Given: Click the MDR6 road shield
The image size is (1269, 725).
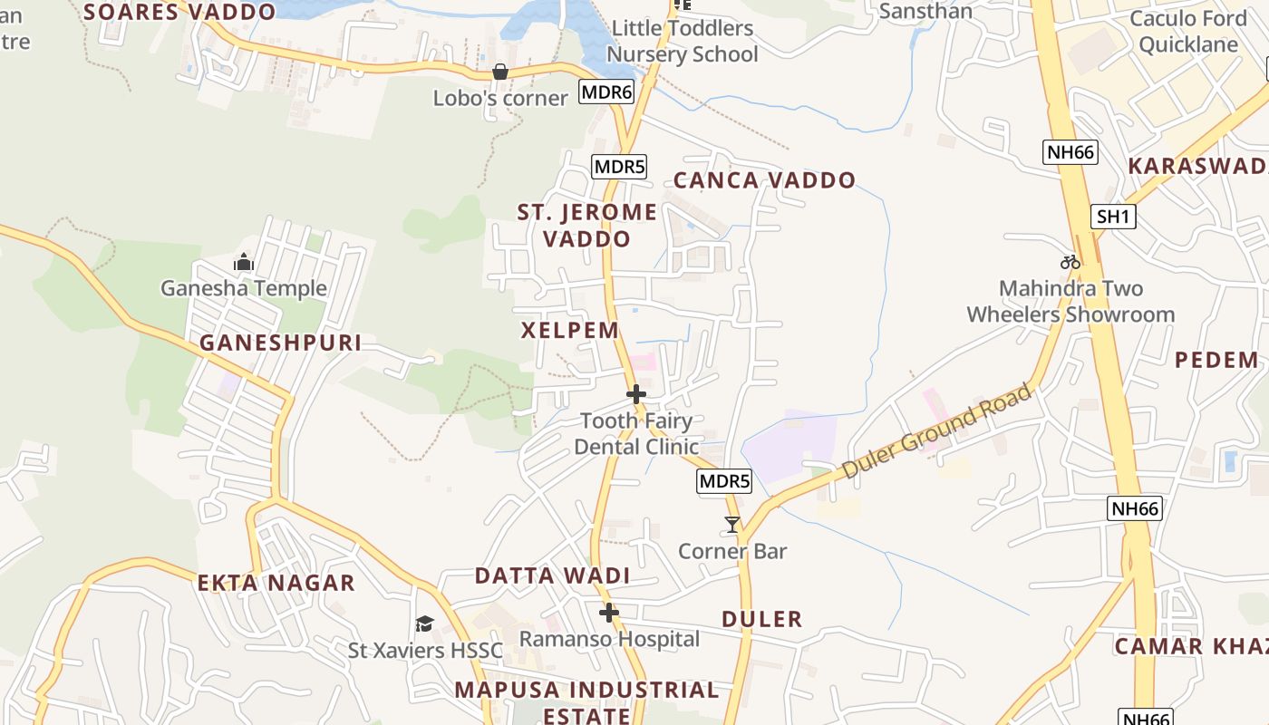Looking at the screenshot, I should click(x=606, y=92).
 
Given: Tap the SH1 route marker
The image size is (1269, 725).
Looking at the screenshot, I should click(x=1114, y=217).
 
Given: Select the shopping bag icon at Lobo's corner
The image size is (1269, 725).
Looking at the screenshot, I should click(x=499, y=72).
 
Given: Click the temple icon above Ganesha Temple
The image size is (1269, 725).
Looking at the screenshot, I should click(x=243, y=263).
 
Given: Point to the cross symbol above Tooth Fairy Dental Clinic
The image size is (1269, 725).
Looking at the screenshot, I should click(x=636, y=394).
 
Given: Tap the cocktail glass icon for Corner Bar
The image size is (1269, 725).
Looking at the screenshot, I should click(x=731, y=525).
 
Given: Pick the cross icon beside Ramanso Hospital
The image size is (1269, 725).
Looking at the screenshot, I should click(x=609, y=614).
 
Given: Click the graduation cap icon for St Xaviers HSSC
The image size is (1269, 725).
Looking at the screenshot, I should click(x=424, y=623).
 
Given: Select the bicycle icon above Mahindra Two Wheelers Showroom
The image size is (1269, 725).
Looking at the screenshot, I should click(x=1070, y=262).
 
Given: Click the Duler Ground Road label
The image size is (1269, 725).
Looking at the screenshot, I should click(x=937, y=432).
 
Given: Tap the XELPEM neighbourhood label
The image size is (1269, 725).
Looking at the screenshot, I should click(x=570, y=330).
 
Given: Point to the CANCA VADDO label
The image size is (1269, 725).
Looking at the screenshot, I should click(x=764, y=180).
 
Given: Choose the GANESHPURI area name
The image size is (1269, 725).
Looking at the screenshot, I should click(x=280, y=343).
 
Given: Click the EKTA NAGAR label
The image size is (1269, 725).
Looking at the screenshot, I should click(x=276, y=583).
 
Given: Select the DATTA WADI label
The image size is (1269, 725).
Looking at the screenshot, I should click(x=552, y=576).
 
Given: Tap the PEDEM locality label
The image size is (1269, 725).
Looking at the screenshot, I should click(x=1216, y=360).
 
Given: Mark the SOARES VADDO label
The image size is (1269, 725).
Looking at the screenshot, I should click(x=179, y=12).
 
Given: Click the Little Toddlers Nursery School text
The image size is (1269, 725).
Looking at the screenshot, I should click(x=683, y=42).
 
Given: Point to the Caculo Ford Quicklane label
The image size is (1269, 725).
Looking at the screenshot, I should click(x=1188, y=32).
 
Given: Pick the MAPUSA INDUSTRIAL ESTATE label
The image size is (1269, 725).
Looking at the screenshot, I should click(x=586, y=702).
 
